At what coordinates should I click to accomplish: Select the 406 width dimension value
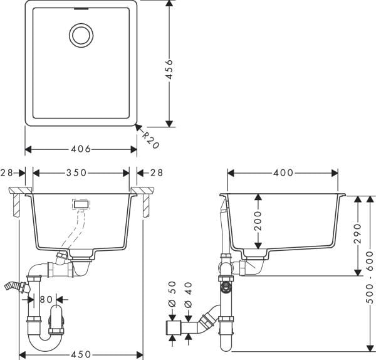tap(81, 149)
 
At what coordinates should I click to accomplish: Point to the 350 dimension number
tap(81, 172)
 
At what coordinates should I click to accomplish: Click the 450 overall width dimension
tap(81, 354)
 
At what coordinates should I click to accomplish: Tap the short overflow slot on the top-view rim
tap(81, 9)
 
